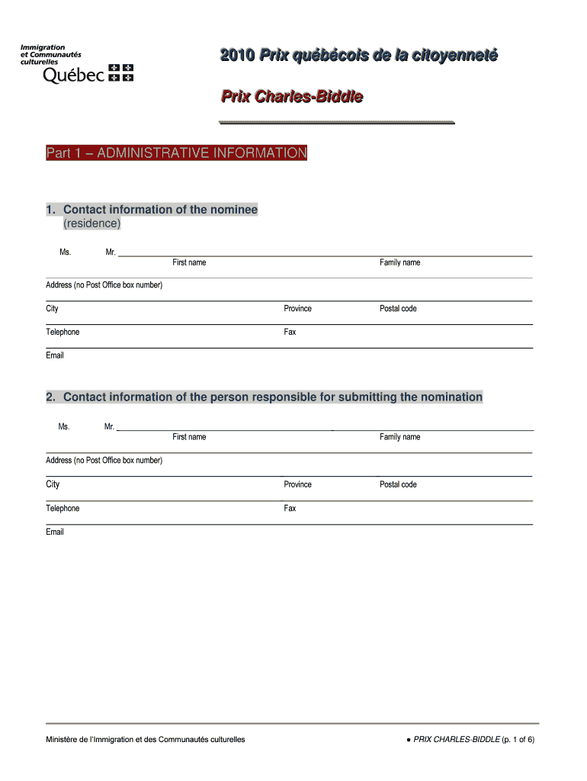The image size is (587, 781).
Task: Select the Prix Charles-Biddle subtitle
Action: pos(291,97)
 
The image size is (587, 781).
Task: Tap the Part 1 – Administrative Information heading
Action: pos(176,153)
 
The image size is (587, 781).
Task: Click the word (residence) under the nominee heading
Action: pos(91,223)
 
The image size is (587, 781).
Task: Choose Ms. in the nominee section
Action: pos(66,252)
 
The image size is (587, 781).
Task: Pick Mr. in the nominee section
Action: pos(111,252)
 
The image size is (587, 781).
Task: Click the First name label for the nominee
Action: pos(189,262)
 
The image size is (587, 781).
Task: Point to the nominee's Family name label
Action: pos(399,262)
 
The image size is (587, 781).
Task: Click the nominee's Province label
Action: pos(297,309)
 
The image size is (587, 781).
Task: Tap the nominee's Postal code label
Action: pos(398,309)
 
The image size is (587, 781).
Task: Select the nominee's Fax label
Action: pos(290,333)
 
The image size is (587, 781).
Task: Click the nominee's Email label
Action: pos(55,355)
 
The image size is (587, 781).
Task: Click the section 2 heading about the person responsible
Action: pos(264,397)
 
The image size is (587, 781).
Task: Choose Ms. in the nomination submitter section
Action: pos(64,427)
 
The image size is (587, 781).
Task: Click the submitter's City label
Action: pos(53,484)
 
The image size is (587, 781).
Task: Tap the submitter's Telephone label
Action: pos(63,509)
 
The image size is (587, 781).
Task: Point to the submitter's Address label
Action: pos(104,461)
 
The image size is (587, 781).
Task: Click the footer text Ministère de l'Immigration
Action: pos(146,740)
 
